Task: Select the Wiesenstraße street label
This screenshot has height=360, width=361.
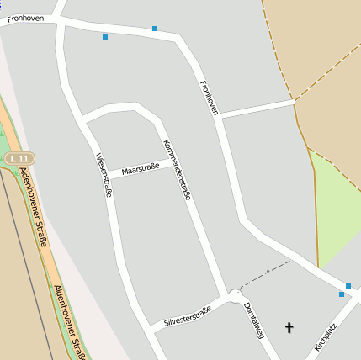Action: (104, 175)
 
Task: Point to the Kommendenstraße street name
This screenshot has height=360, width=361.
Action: (177, 168)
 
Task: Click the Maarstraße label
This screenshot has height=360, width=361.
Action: (140, 171)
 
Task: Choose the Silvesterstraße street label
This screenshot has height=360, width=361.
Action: (188, 315)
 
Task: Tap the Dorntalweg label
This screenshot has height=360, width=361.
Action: (253, 320)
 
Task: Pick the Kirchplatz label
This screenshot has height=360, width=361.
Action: (326, 336)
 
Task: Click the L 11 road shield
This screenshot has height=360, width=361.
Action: (19, 158)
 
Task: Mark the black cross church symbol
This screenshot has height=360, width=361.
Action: (289, 327)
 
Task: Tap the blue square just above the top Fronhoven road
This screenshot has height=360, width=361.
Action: (155, 29)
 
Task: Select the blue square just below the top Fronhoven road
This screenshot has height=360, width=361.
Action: (105, 37)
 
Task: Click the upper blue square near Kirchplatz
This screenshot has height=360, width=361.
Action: (348, 286)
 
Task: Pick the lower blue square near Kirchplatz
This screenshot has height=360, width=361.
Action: (342, 294)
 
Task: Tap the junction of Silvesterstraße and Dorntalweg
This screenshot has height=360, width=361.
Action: (233, 296)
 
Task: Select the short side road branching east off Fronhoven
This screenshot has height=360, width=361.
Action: (257, 109)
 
